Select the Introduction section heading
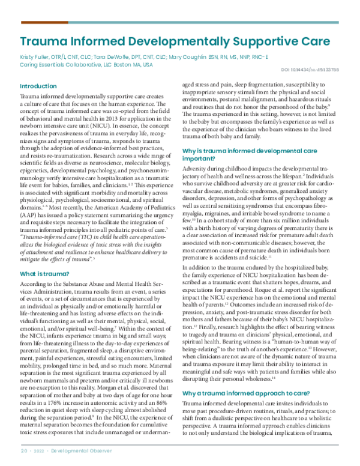point(39,86)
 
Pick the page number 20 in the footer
point(24,450)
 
